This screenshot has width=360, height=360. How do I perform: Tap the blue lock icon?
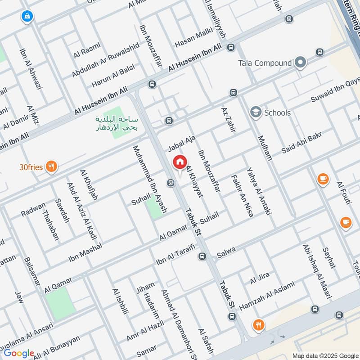(x=27, y=17)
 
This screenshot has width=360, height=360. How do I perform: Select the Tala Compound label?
(x=265, y=63)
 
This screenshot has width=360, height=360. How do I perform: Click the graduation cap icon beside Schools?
(x=256, y=112)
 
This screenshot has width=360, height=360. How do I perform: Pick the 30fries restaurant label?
(x=31, y=167)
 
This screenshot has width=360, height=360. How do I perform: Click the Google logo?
(x=18, y=354)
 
